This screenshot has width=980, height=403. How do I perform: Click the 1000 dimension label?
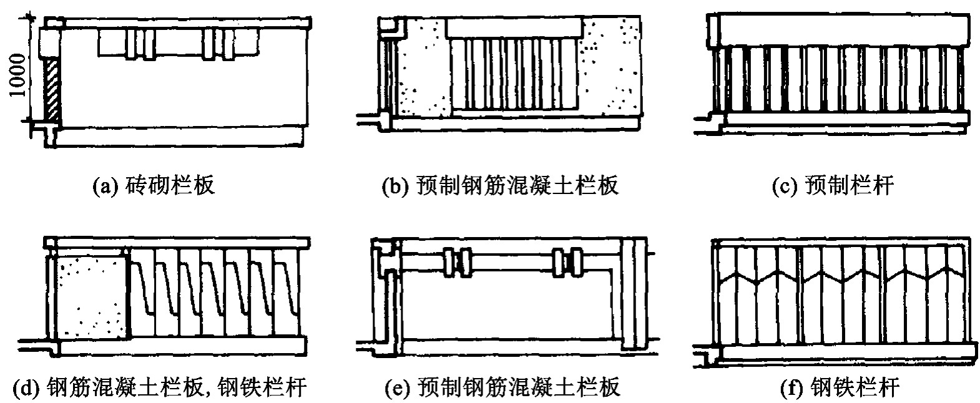pyautogui.click(x=18, y=75)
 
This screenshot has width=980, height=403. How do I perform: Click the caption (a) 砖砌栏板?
pyautogui.click(x=154, y=185)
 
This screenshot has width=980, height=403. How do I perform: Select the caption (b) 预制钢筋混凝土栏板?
pyautogui.click(x=500, y=185)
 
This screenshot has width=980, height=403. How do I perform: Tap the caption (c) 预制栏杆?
pyautogui.click(x=833, y=185)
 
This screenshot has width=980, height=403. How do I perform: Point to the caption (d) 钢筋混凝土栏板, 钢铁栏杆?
pyautogui.click(x=160, y=387)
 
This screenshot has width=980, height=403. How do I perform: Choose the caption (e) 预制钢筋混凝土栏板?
pyautogui.click(x=502, y=387)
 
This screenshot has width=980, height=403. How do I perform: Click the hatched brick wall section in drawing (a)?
pyautogui.click(x=52, y=90)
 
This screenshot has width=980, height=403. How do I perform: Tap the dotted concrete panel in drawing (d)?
pyautogui.click(x=93, y=297)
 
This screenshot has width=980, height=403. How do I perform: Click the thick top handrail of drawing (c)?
pyautogui.click(x=836, y=29)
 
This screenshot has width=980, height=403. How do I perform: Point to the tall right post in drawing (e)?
pyautogui.click(x=634, y=294)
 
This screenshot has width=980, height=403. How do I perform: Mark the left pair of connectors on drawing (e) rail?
pyautogui.click(x=458, y=262)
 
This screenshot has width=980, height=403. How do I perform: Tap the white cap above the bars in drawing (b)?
pyautogui.click(x=514, y=28)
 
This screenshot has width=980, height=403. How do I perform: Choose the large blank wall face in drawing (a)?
pyautogui.click(x=184, y=92)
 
